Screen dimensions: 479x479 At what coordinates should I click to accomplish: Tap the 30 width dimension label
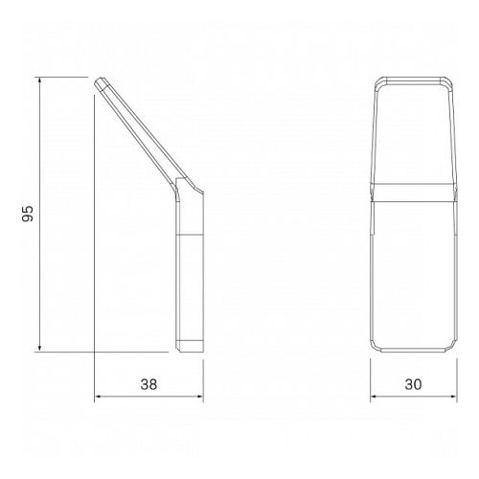pos(413,384)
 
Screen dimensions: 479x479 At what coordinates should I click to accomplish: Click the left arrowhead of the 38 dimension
pos(100,397)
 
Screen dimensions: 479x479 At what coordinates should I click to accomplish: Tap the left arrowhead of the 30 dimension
pos(375,397)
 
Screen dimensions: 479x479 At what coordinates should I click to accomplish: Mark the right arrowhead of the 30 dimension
pos(451,397)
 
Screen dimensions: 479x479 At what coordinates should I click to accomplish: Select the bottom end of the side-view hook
pos(188,348)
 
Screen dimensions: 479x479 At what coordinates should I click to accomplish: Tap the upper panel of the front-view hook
pos(413,134)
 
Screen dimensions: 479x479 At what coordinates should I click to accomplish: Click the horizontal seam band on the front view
pos(413,195)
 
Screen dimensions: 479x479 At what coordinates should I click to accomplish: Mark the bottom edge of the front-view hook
pos(413,350)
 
